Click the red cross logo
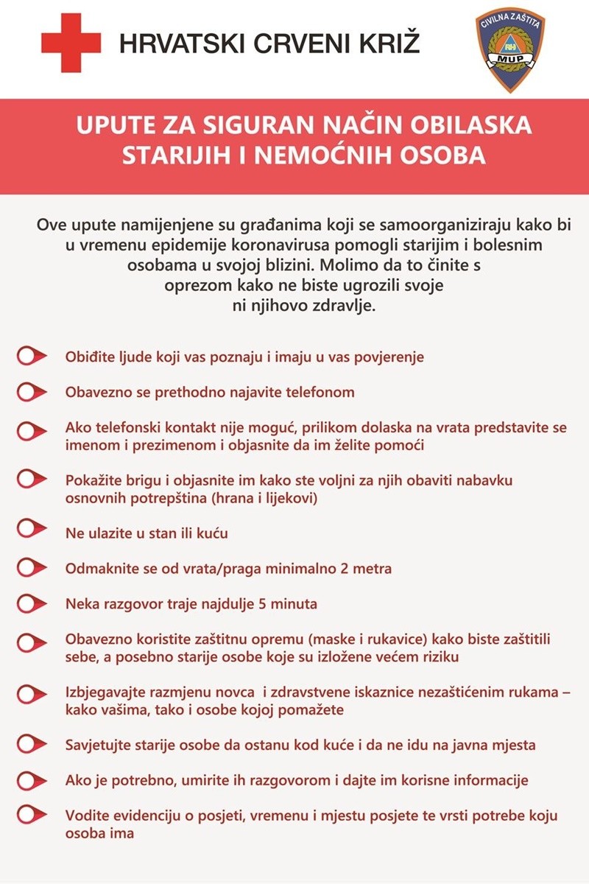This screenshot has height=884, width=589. pyautogui.click(x=71, y=43)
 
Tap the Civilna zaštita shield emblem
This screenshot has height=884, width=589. pyautogui.click(x=510, y=50)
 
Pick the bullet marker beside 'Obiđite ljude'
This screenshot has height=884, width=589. pyautogui.click(x=31, y=357)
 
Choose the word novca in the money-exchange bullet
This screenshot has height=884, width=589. pyautogui.click(x=233, y=693)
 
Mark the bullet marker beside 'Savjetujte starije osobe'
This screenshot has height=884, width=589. pyautogui.click(x=31, y=745)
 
